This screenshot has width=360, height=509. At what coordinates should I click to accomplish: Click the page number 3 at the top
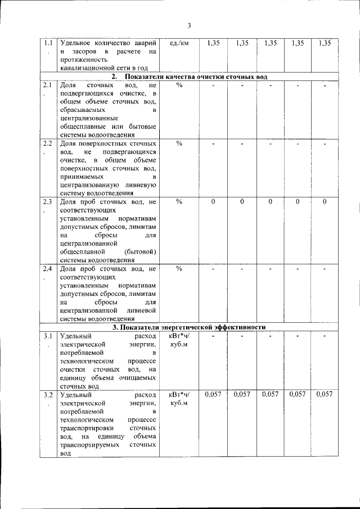coord(190,25)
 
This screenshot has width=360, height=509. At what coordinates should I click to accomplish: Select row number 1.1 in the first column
coord(48,43)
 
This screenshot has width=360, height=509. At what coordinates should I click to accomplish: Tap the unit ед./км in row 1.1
coord(179,43)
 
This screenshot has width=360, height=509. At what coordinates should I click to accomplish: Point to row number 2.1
coord(48,85)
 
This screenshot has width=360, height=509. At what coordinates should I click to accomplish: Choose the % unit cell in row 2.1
coord(179,85)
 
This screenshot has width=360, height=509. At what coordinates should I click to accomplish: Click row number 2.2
coord(48,143)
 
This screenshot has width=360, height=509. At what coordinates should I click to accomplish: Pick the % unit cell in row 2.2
coord(179,143)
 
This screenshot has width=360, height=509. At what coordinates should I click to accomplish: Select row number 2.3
coord(48,201)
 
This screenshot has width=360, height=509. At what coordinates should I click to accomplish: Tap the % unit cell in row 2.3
coord(179,201)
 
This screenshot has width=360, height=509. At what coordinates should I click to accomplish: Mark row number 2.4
coord(48,268)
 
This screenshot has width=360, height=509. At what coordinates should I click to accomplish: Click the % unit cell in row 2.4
coord(179,268)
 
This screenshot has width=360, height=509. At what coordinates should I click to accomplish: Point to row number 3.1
coord(48,336)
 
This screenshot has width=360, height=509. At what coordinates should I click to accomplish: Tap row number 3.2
coord(48,395)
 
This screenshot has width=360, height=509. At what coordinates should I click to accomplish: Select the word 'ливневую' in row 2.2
coord(140,184)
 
